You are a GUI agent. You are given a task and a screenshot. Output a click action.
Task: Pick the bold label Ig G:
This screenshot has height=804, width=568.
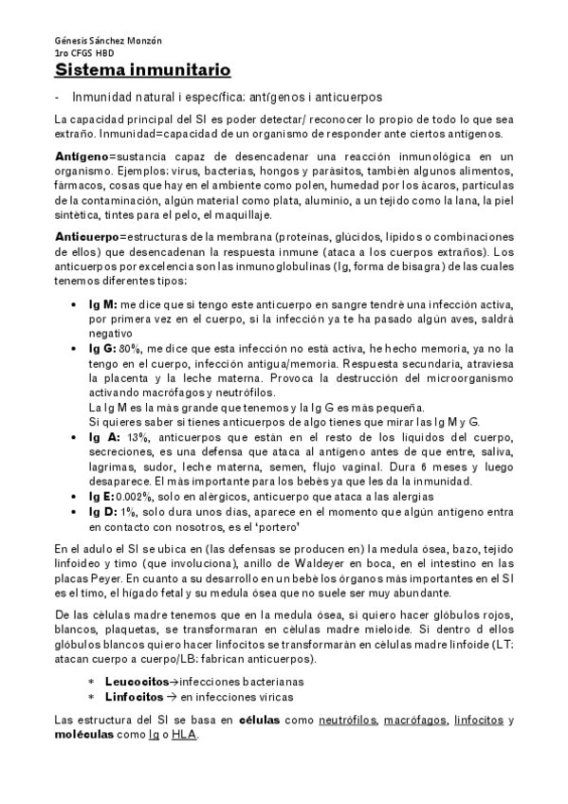102,349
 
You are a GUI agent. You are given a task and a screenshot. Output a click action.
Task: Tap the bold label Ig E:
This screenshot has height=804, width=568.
101,496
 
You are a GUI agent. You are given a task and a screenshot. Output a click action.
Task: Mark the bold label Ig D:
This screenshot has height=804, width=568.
101,511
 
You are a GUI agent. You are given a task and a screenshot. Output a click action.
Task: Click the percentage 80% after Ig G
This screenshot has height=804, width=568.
130,349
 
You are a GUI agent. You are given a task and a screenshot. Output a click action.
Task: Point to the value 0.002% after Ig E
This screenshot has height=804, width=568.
134,496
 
